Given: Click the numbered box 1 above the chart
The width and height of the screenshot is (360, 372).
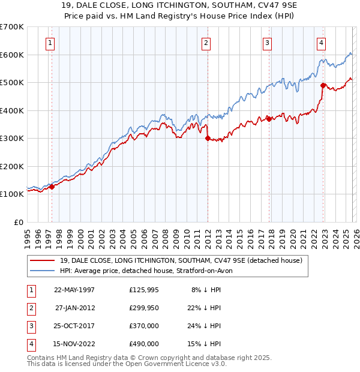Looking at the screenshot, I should [49, 43].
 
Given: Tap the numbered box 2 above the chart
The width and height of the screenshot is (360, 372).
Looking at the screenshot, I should [206, 43].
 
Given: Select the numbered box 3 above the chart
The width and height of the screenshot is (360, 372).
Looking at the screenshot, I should [267, 43].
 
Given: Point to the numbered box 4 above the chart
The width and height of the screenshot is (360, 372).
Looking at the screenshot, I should [322, 43].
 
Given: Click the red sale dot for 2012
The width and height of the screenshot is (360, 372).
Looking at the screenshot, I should [208, 139].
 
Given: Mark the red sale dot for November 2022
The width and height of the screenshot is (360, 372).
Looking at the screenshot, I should [323, 85].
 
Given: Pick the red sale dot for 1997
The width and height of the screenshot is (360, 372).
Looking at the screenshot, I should [52, 187].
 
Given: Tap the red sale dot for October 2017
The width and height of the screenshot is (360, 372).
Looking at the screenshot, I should [269, 119].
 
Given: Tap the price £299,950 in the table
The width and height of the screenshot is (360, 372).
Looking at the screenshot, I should [143, 308].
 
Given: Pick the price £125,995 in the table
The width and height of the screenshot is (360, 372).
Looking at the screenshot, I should [143, 290].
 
